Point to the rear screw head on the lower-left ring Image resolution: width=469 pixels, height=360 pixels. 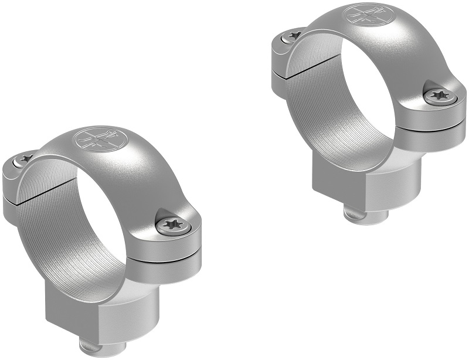pos(25,158)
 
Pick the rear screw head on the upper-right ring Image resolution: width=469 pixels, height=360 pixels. pos(292,36)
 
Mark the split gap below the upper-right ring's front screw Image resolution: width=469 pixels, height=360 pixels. pos(437,124)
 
